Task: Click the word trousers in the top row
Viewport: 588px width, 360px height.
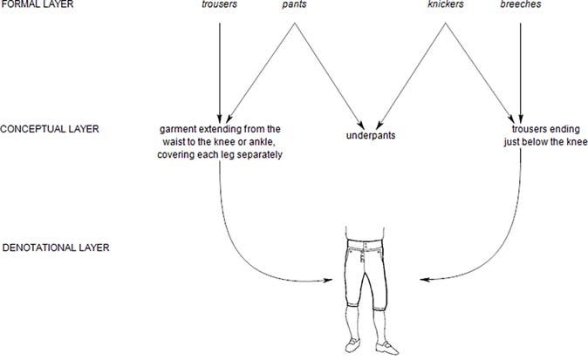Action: coord(220,5)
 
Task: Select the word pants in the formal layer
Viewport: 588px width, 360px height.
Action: coord(293,5)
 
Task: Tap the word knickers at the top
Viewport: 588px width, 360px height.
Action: coord(448,5)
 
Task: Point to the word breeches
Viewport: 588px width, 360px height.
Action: coord(520,5)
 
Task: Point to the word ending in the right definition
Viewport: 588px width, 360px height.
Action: coord(563,129)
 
